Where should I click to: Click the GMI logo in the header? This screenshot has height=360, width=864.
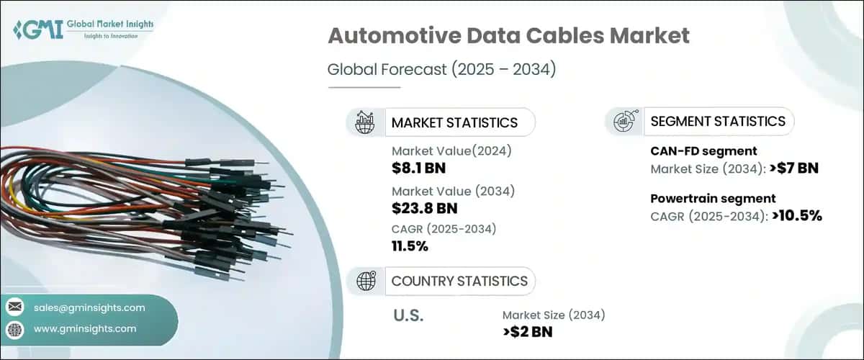click(x=83, y=30)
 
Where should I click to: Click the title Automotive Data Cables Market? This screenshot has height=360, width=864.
click(x=508, y=36)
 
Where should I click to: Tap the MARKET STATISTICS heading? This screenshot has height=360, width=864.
click(x=454, y=122)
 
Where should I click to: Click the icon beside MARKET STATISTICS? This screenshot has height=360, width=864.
click(x=364, y=122)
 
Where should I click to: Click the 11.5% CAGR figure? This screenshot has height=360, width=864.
click(x=410, y=247)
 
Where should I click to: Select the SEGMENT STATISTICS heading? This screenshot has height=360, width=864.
click(x=717, y=121)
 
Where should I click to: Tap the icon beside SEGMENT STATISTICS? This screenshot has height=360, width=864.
click(x=624, y=121)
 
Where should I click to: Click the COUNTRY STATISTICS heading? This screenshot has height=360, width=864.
click(x=459, y=281)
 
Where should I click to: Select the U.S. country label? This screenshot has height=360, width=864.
click(x=408, y=315)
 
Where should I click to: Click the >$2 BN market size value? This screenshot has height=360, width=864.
click(x=528, y=332)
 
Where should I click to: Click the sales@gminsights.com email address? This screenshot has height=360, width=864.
click(x=89, y=307)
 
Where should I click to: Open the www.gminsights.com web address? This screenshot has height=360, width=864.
click(x=85, y=329)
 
